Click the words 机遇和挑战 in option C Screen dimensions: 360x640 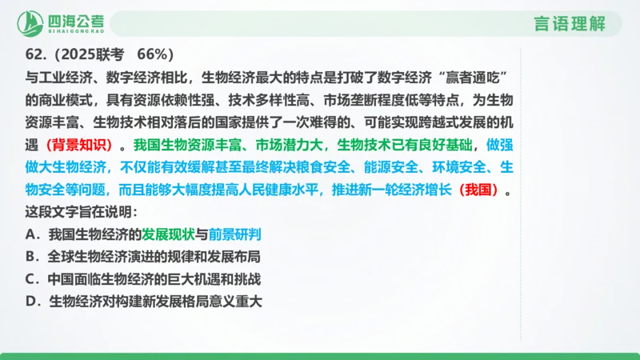tap(228, 280)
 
